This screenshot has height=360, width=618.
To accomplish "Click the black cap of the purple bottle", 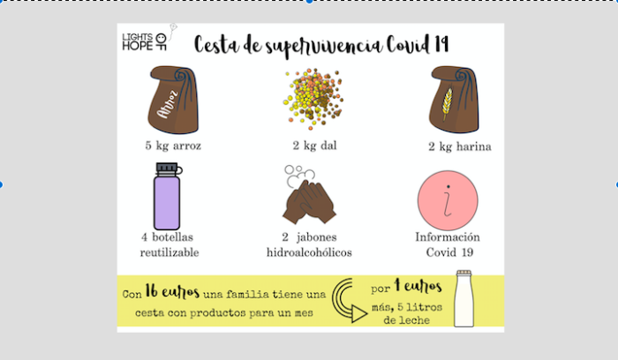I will [168, 168].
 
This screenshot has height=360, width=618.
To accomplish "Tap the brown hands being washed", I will [308, 203].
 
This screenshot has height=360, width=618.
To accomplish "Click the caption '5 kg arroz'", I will [174, 145].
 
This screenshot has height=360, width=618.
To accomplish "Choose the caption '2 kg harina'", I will [460, 146].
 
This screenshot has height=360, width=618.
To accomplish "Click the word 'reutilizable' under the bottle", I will [169, 252].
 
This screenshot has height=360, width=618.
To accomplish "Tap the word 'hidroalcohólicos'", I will [309, 252].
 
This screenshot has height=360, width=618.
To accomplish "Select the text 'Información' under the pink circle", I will [448, 237].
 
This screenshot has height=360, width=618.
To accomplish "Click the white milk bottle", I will [465, 300].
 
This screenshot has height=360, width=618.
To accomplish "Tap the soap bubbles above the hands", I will [298, 175].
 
